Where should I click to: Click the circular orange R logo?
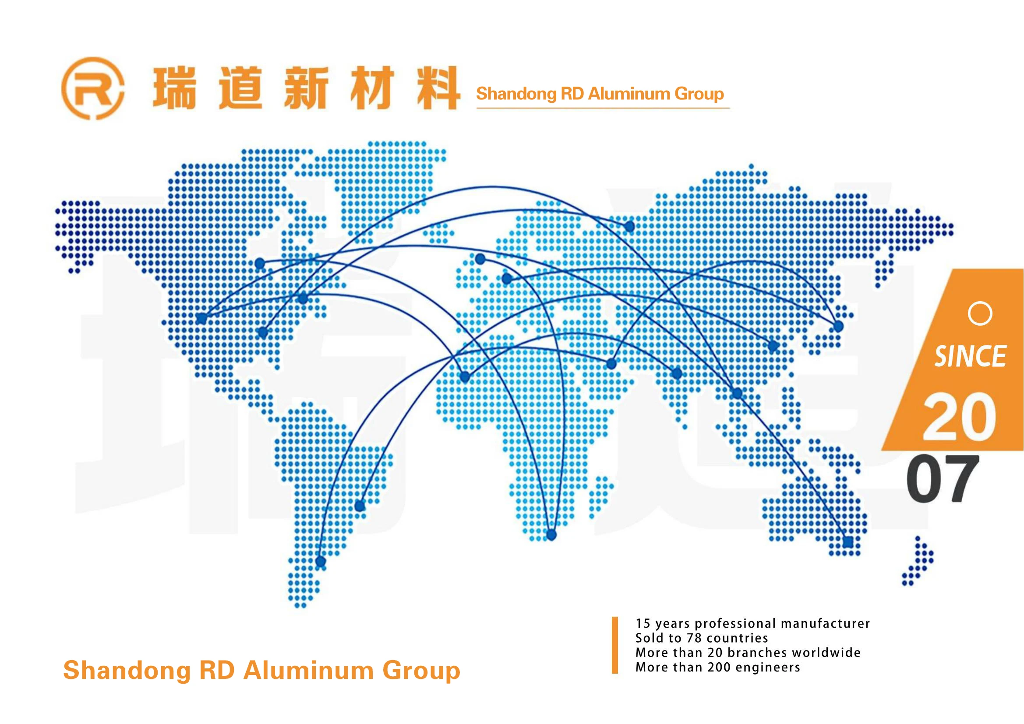coord(93,88)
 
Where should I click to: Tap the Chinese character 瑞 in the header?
coord(174,88)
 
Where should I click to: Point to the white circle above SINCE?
coord(980,314)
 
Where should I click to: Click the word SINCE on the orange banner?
coord(970,356)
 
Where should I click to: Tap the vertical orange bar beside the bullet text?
coord(614,645)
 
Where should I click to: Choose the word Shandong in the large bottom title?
coord(127,671)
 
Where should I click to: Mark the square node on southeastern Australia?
coord(848,542)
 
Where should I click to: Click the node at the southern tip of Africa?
coord(551,535)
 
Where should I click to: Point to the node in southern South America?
coord(320,561)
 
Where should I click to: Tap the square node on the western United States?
coord(201,318)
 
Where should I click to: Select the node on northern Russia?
coord(629,226)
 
